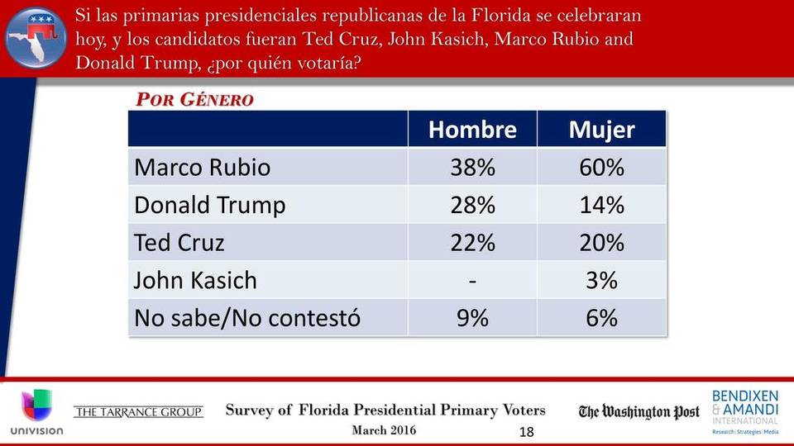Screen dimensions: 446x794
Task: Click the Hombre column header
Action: coord(472,130)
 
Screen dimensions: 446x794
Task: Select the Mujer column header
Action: coord(601,130)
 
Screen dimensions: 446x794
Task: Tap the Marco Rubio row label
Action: coord(202,168)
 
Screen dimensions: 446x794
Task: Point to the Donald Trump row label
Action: coord(209,205)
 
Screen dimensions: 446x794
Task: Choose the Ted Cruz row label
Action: coord(179,243)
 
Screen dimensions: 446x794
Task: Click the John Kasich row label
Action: coord(195,280)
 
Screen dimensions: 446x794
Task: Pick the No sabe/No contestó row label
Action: coord(247,317)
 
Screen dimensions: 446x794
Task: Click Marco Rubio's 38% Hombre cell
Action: coord(472,168)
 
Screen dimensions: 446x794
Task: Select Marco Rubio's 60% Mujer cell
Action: coord(601,168)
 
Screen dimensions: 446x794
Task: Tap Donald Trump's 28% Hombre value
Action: coord(472,205)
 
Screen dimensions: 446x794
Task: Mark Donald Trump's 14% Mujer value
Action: coord(601,205)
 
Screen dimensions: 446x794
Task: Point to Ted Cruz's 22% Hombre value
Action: coord(472,243)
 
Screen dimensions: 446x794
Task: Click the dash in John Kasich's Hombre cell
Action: coord(472,281)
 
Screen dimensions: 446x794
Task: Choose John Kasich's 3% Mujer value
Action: coord(601,280)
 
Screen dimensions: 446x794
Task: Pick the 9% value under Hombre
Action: coord(472,317)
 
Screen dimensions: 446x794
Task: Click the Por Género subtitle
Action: coord(194,100)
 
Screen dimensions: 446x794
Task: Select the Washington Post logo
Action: coord(639,412)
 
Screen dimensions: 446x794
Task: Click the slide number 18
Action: coord(527,432)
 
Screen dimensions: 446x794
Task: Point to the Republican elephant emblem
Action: coord(36,39)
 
